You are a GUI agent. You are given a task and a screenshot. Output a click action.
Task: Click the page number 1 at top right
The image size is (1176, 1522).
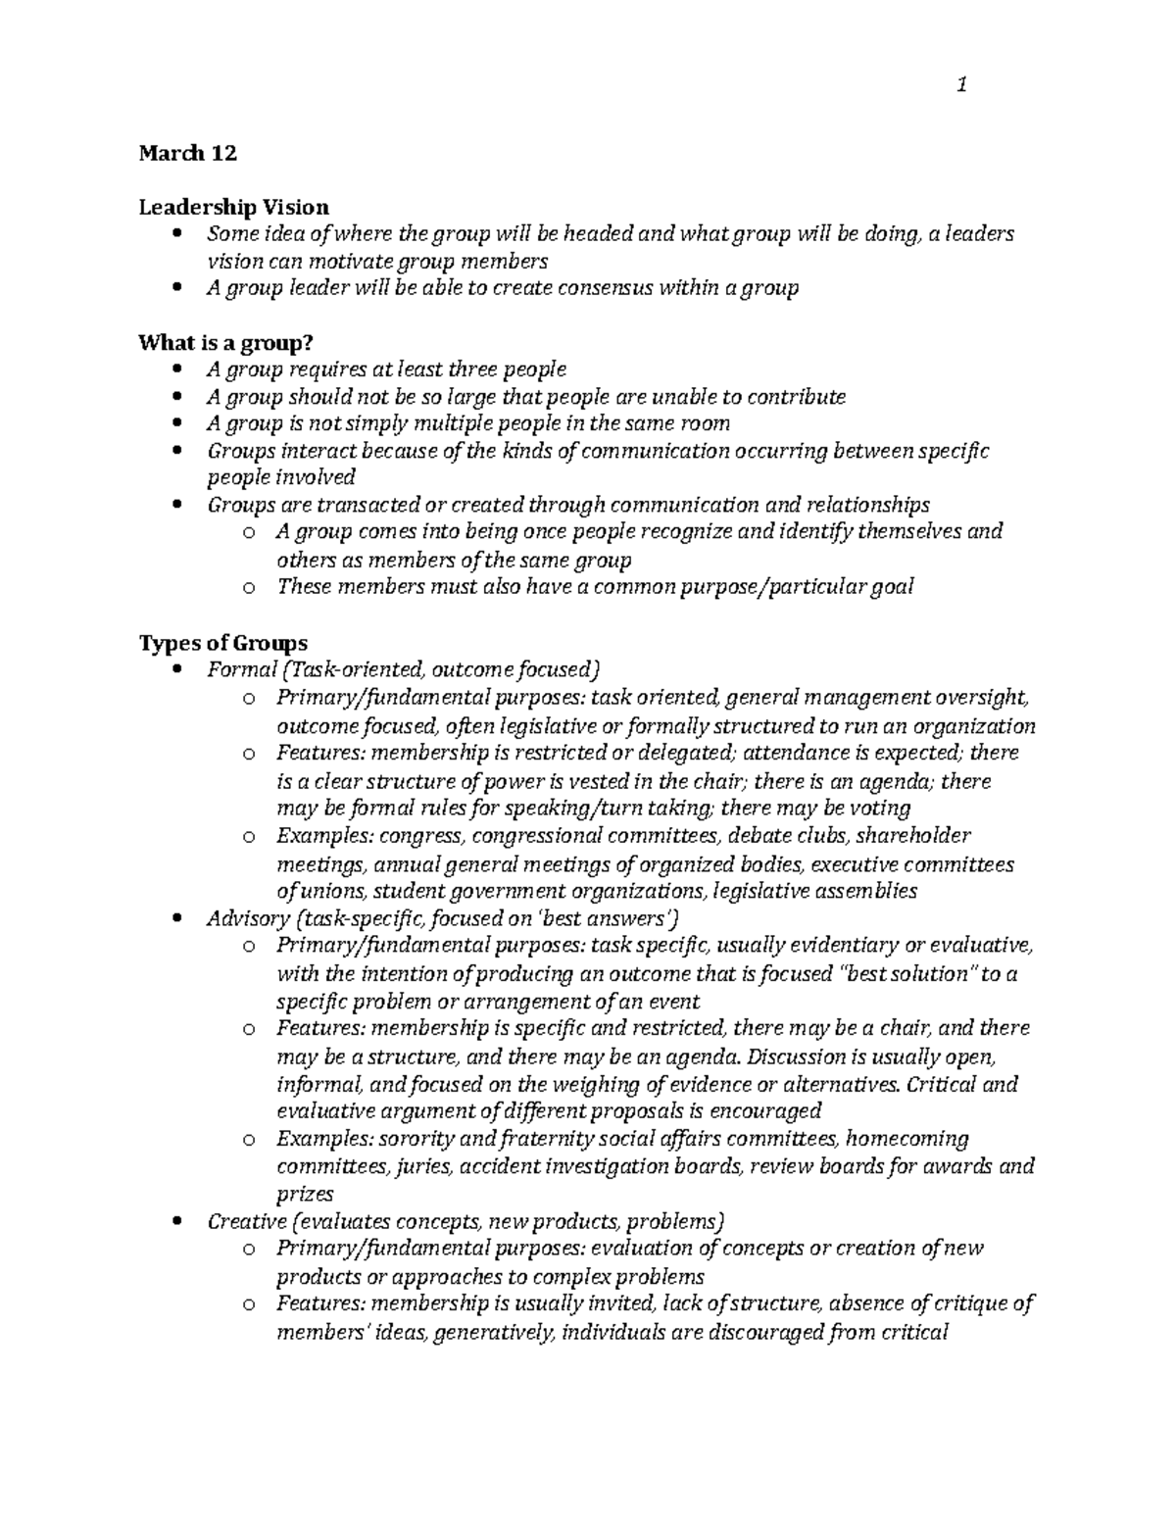point(962,85)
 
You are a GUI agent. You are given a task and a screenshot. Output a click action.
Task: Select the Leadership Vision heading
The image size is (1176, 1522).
point(233,207)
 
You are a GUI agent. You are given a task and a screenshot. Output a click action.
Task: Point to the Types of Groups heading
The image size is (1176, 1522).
point(222,643)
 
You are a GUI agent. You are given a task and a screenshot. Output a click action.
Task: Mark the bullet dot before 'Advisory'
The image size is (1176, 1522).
point(176,919)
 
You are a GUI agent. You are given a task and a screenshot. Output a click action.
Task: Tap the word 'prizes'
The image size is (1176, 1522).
point(305,1194)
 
